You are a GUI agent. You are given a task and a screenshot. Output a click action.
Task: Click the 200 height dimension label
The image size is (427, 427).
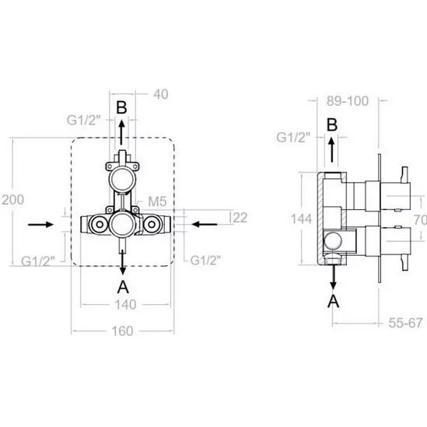(12, 200)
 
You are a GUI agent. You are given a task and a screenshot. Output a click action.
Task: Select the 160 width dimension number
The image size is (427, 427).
(123, 331)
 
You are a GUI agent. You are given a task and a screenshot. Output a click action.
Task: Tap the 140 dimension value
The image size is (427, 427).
(125, 304)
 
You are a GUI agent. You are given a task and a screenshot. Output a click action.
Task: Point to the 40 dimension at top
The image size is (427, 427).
(161, 94)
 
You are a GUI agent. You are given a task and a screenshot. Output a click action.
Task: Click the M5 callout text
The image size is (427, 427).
(157, 201)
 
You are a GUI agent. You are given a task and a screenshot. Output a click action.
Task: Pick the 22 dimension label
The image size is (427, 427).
(240, 218)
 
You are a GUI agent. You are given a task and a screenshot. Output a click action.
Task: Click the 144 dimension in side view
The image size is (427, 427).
(301, 219)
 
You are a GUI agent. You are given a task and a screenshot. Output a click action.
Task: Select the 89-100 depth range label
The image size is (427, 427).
(348, 101)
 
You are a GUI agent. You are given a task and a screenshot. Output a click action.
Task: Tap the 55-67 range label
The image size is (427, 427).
(405, 323)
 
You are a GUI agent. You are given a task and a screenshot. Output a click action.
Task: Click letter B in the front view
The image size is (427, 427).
(121, 107)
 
